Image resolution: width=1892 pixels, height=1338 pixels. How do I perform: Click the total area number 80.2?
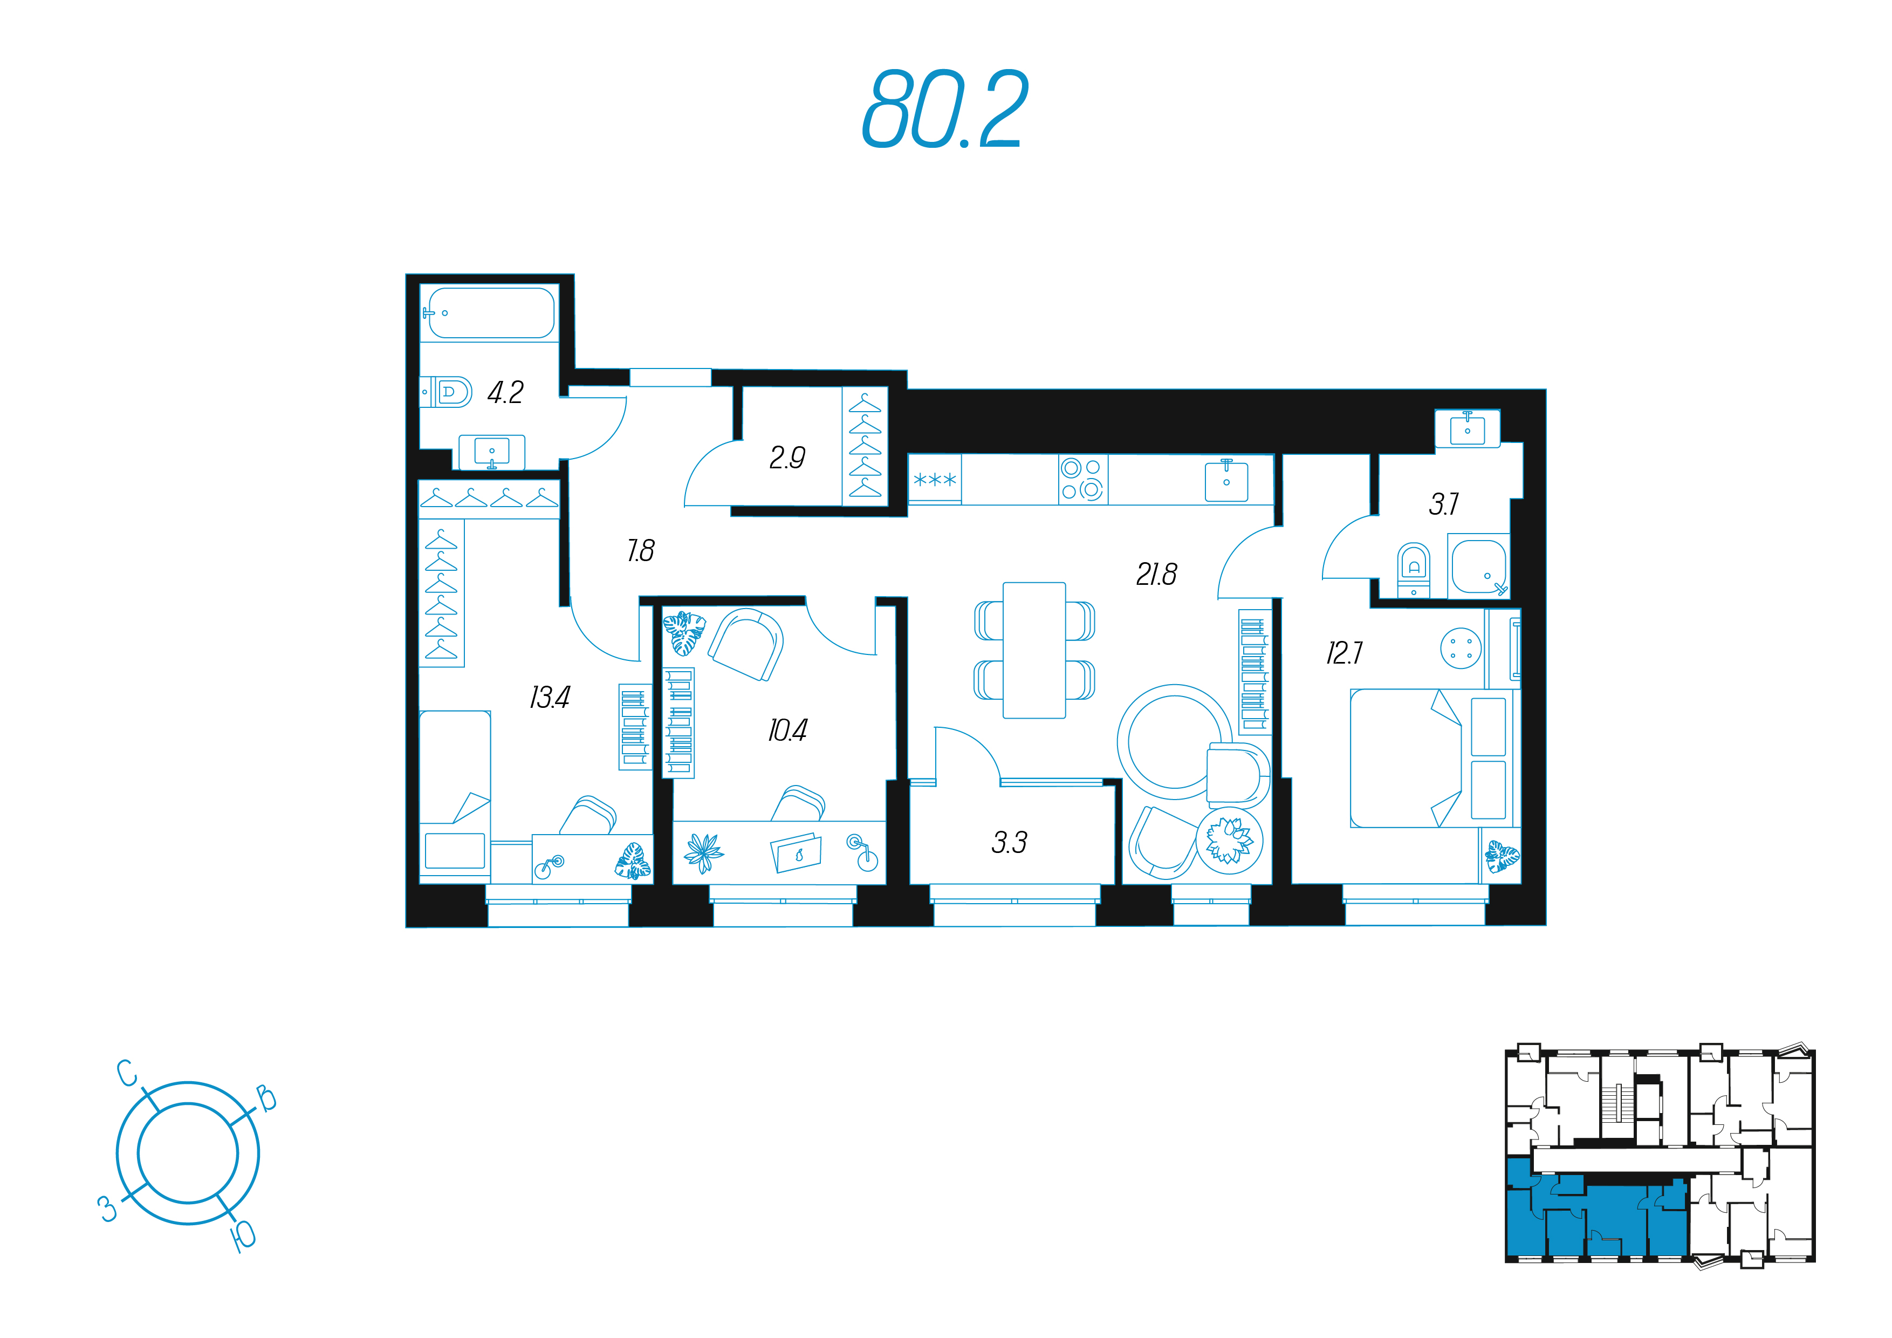click(x=945, y=109)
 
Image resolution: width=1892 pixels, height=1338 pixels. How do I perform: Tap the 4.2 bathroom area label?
click(x=505, y=392)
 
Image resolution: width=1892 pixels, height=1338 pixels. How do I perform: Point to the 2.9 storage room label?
click(x=787, y=458)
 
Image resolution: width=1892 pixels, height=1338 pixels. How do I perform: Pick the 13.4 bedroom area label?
click(x=549, y=698)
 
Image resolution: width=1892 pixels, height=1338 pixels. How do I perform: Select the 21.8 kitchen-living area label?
click(x=1156, y=575)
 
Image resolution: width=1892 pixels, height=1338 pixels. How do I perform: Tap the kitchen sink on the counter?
click(x=1226, y=481)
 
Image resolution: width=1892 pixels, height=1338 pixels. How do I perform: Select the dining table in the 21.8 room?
click(x=1034, y=651)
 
